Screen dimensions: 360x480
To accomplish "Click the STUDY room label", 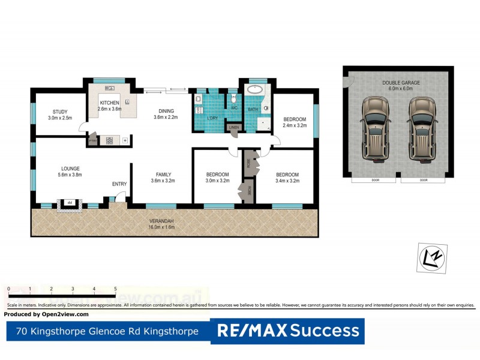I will [x=59, y=111].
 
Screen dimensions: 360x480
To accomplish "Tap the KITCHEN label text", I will [x=110, y=103].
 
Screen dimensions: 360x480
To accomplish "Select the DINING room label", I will [x=167, y=110].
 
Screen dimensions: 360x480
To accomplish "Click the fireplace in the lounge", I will [x=70, y=204].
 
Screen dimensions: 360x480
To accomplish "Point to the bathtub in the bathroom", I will [x=256, y=90].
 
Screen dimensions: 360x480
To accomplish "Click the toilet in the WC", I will [x=233, y=100].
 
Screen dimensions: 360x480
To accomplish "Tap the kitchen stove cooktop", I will [x=110, y=140].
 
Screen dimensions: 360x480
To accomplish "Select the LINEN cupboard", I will [x=233, y=127].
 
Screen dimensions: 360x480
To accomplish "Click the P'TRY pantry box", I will [x=92, y=140].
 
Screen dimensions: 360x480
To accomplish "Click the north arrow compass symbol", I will [x=431, y=258].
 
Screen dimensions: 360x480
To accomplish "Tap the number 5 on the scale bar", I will [x=115, y=289].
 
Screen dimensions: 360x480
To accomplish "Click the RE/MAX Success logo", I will [x=287, y=331].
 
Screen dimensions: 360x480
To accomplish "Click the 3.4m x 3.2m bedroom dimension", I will [x=287, y=181].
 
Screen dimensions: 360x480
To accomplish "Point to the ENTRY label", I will [x=119, y=184].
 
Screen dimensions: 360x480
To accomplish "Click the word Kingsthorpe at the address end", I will [x=173, y=331].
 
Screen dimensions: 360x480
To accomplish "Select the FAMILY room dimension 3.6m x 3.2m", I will [x=162, y=181].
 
